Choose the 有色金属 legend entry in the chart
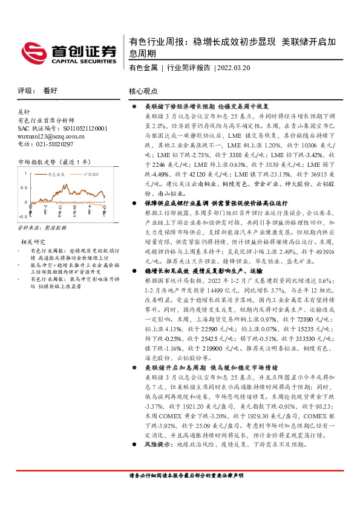point(55,175)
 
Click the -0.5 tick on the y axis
point(22,215)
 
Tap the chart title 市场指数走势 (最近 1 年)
point(55,162)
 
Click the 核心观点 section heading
point(143,91)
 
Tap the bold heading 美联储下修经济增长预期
point(179,106)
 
